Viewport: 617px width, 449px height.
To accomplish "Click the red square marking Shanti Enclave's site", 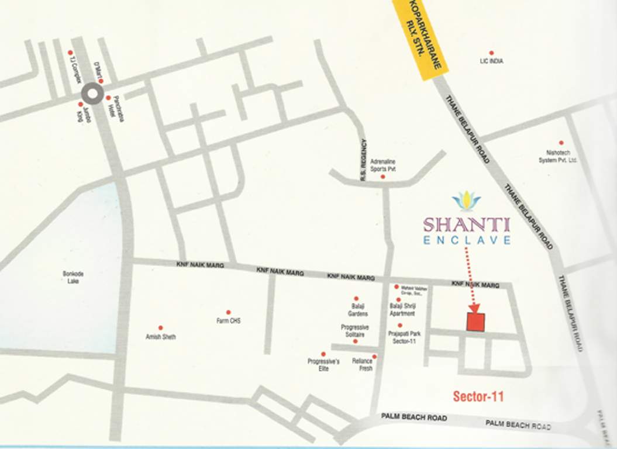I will pyautogui.click(x=475, y=322).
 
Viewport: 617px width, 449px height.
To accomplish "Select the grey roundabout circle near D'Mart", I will pyautogui.click(x=91, y=94).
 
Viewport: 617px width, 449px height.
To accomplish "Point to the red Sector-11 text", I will pyautogui.click(x=478, y=397).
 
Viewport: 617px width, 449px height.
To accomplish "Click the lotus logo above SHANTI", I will pyautogui.click(x=466, y=201).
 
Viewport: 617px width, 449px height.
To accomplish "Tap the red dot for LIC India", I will pyautogui.click(x=491, y=53).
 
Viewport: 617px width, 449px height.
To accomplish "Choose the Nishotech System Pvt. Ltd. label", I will pyautogui.click(x=557, y=156).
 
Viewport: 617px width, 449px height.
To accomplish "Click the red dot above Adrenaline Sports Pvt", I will pyautogui.click(x=382, y=177).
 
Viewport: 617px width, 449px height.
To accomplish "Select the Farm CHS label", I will pyautogui.click(x=228, y=321).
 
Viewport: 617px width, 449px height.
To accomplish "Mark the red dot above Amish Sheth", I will pyautogui.click(x=160, y=328).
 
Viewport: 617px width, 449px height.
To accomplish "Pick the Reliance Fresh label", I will pyautogui.click(x=362, y=365).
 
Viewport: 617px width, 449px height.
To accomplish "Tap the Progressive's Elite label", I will pyautogui.click(x=323, y=365).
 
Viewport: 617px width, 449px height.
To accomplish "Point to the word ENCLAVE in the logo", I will pyautogui.click(x=467, y=240).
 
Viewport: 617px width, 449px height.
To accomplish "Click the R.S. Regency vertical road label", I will pyautogui.click(x=364, y=159).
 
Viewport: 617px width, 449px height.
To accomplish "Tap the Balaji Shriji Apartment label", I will pyautogui.click(x=402, y=309).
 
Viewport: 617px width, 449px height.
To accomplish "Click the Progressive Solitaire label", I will pyautogui.click(x=354, y=331).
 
